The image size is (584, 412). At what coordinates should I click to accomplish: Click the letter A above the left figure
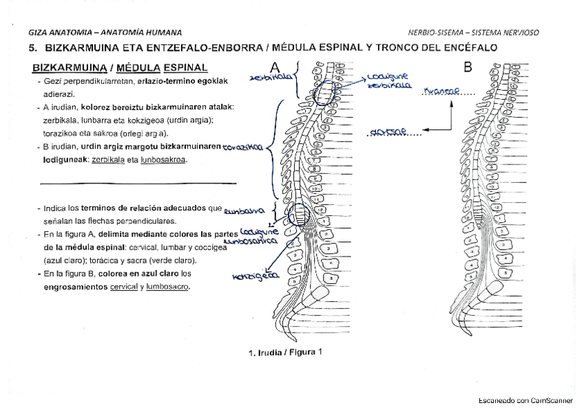coord(275,67)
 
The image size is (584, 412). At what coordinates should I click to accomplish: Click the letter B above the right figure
coord(468,67)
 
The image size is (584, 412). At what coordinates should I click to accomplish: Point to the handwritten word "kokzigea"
coord(255,276)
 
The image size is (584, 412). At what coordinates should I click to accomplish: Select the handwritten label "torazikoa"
coord(242,147)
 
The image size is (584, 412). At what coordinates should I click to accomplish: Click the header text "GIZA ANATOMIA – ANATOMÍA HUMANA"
coord(105,32)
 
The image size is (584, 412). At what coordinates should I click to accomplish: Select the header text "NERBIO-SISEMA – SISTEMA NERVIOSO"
coord(473,32)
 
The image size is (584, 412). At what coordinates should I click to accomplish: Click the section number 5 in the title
coord(32,48)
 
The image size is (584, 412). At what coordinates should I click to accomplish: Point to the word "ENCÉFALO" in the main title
coord(468,48)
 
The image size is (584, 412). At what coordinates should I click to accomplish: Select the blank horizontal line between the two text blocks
coord(138,183)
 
